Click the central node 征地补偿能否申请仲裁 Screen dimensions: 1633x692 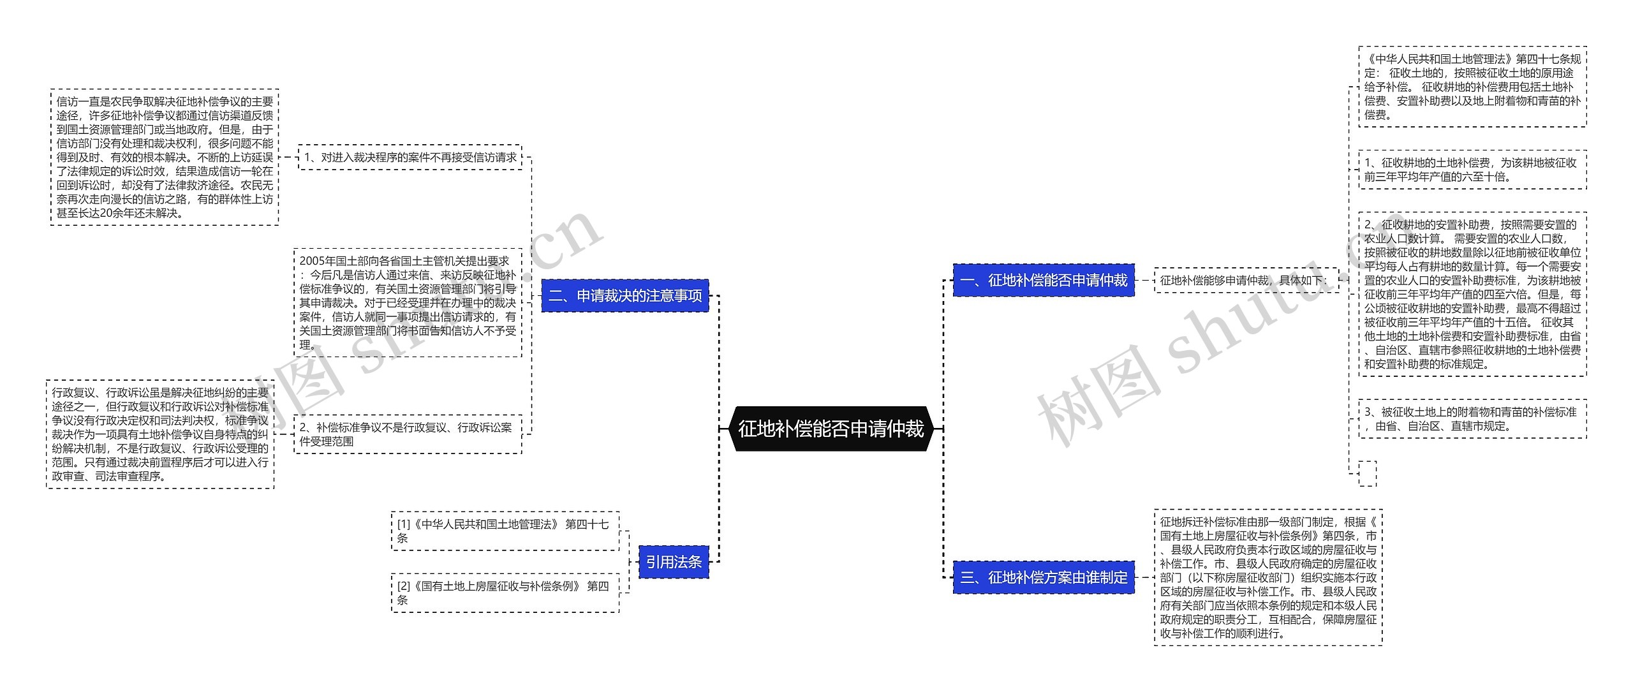pos(831,429)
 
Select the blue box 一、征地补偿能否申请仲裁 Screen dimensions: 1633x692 pos(1044,281)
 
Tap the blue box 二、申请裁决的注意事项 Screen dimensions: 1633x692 pos(625,296)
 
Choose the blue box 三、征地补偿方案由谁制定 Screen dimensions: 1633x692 pos(1044,578)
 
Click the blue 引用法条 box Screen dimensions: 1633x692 pos(674,562)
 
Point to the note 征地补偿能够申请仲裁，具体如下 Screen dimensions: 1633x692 pos(1246,281)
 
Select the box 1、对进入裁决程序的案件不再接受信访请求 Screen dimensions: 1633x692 pos(410,158)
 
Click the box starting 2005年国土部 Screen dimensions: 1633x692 pos(408,303)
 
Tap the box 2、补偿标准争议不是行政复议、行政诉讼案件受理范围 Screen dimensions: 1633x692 pos(408,434)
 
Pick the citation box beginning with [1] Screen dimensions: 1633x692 pos(505,531)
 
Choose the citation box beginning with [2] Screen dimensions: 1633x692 pos(505,593)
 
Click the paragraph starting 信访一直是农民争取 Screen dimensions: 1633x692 pos(165,157)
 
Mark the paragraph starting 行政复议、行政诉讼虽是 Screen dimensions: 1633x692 pos(160,434)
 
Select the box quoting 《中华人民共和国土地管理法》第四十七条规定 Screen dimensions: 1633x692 pos(1472,87)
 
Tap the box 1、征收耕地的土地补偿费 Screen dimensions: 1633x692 pos(1472,170)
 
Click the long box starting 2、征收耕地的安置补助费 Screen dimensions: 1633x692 pos(1472,294)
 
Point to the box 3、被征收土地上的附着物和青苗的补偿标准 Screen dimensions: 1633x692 pos(1472,419)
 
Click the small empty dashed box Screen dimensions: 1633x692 pos(1368,473)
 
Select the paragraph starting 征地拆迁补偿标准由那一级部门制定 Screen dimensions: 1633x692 pos(1268,577)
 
